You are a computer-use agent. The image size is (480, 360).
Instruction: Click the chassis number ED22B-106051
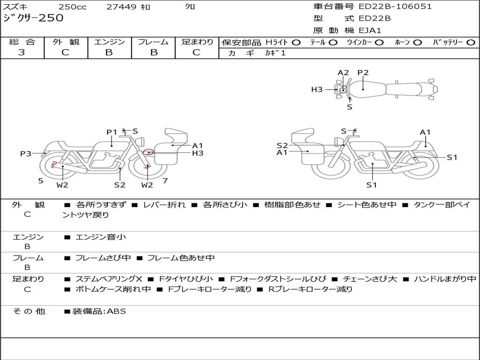point(393,7)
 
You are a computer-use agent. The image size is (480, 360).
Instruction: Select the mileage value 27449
point(121,7)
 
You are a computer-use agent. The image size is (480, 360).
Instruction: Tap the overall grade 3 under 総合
point(22,52)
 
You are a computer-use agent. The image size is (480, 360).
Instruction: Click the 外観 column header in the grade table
point(66,42)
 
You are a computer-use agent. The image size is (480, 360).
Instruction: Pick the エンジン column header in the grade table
point(109,42)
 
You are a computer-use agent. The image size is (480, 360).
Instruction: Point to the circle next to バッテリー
point(471,43)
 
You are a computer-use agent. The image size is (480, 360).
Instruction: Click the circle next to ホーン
point(417,43)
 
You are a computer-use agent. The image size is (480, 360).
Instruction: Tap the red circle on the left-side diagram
point(149,152)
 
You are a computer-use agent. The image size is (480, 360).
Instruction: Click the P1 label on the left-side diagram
point(112,132)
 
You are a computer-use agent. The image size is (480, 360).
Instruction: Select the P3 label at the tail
point(26,153)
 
